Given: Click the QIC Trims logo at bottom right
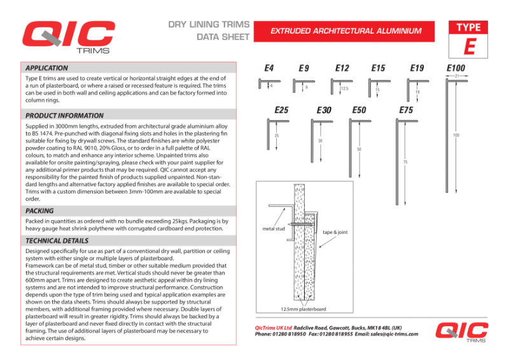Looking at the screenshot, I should click(x=462, y=333).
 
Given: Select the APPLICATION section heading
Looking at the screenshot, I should click(x=46, y=68).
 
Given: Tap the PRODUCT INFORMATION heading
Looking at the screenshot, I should click(x=64, y=116).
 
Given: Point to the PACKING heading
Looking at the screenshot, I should click(x=39, y=211).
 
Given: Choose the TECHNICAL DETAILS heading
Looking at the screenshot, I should click(x=57, y=241).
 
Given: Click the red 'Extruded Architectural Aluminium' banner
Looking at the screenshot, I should click(x=346, y=31).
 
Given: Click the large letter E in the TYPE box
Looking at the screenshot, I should click(x=470, y=46).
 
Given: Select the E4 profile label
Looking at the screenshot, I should click(x=269, y=68).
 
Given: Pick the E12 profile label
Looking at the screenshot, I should click(x=342, y=68).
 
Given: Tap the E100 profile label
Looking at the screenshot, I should click(x=456, y=68).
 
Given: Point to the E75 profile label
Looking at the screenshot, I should click(x=406, y=110).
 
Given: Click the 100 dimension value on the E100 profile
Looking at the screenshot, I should click(x=456, y=135).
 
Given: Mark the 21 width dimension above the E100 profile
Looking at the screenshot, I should click(x=457, y=76).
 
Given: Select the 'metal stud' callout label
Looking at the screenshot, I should click(x=274, y=228).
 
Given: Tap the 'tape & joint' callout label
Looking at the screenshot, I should click(x=335, y=233).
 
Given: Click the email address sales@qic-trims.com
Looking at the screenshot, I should click(x=394, y=334).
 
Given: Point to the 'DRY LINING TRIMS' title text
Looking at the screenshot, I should click(x=208, y=25).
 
